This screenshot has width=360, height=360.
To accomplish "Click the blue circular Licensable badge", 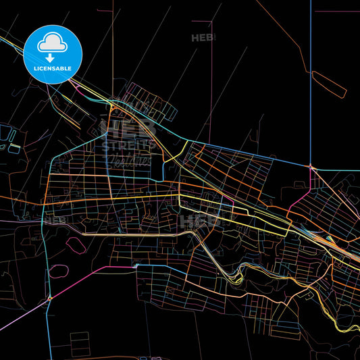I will coord(53,55).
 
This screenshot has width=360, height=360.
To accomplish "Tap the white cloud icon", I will coord(53,44).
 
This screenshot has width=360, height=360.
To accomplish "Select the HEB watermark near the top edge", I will coord(203,38).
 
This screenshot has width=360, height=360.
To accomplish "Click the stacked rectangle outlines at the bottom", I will coord(80,344).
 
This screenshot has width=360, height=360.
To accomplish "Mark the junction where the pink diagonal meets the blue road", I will coord(49,298).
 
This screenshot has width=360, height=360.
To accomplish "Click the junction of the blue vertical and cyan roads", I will coord(311,166).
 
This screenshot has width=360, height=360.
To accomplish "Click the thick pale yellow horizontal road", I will coord(135,234).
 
